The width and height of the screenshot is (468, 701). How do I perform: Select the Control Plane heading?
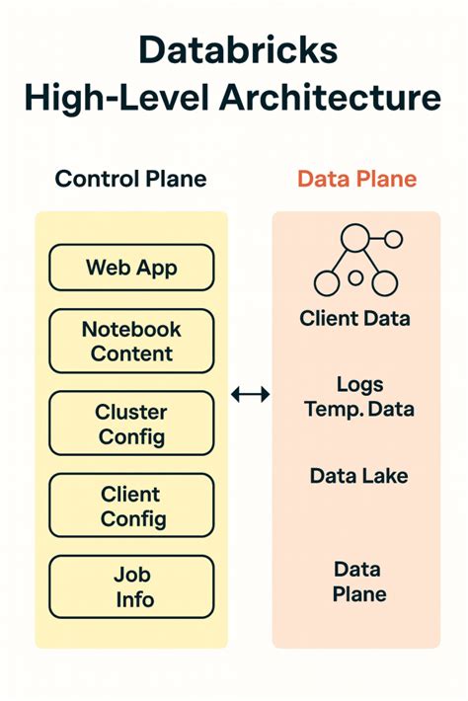[130, 179]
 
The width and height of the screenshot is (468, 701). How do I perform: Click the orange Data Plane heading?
[356, 179]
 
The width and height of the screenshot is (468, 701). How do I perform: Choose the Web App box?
[130, 267]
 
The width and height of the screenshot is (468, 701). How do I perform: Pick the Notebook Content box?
[130, 341]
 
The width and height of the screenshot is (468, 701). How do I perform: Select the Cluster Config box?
[130, 424]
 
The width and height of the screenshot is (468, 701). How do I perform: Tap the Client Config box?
[130, 506]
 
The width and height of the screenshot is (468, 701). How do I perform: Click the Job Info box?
[130, 586]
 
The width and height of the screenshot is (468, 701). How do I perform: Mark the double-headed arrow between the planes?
[250, 395]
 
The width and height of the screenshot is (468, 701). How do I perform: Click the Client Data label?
[354, 319]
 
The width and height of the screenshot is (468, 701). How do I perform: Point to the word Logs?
[358, 384]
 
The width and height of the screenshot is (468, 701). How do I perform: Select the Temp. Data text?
[358, 408]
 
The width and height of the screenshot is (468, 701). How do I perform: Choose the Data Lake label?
[358, 476]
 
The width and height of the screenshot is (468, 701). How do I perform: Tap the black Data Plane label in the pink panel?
[358, 582]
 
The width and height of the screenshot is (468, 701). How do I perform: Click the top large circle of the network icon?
[353, 238]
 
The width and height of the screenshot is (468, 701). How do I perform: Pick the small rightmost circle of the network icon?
[393, 238]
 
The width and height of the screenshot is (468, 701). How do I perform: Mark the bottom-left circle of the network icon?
[327, 283]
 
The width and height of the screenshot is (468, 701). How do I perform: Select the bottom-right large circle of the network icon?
[384, 283]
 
